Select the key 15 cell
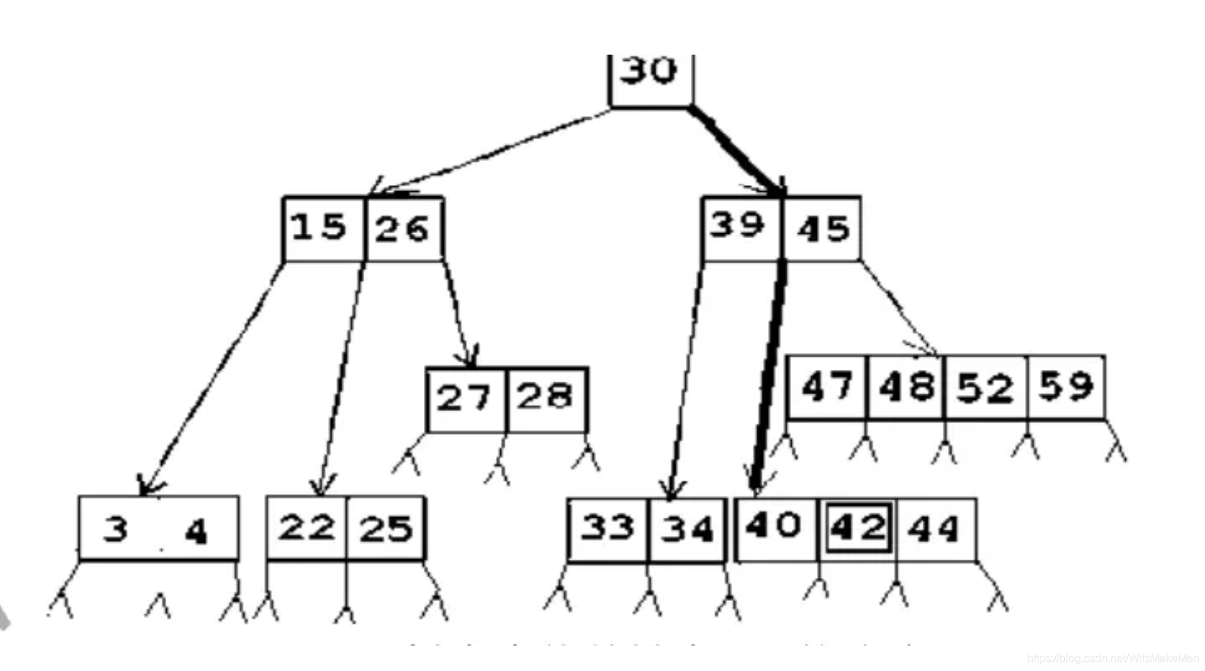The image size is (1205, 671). (x=320, y=228)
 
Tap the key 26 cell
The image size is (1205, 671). (x=403, y=230)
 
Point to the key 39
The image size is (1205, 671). (x=738, y=226)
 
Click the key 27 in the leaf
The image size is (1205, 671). (x=464, y=399)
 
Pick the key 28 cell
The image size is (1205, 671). (x=546, y=397)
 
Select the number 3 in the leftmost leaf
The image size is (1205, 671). (x=116, y=530)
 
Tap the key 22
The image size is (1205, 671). (x=307, y=528)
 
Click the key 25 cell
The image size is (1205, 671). (x=386, y=530)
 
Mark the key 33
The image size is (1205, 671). (x=608, y=528)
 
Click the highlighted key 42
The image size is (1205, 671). (x=858, y=528)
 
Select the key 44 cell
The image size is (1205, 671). (x=934, y=530)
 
